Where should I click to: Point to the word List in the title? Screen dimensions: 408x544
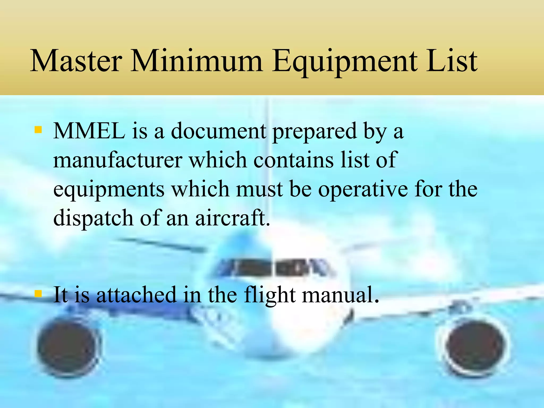click(452, 61)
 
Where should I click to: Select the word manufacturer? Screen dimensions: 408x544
click(118, 160)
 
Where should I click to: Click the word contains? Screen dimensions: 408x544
click(293, 160)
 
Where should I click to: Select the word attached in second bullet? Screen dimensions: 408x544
click(136, 295)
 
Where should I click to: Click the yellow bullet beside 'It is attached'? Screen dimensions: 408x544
click(38, 294)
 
